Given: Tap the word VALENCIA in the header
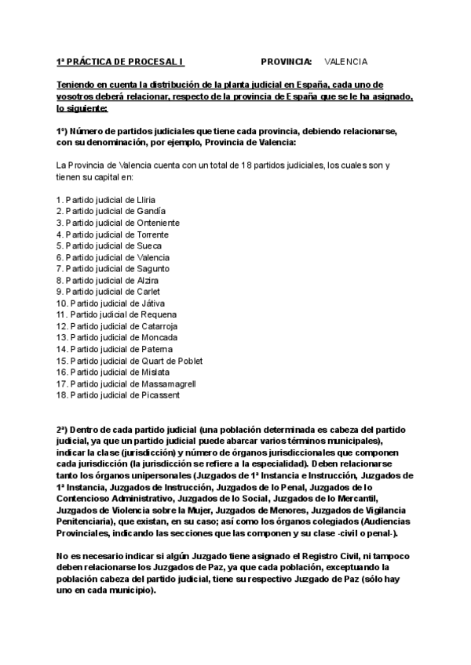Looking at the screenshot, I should pos(345,61).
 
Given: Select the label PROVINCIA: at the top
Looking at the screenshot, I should pos(286,61).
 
